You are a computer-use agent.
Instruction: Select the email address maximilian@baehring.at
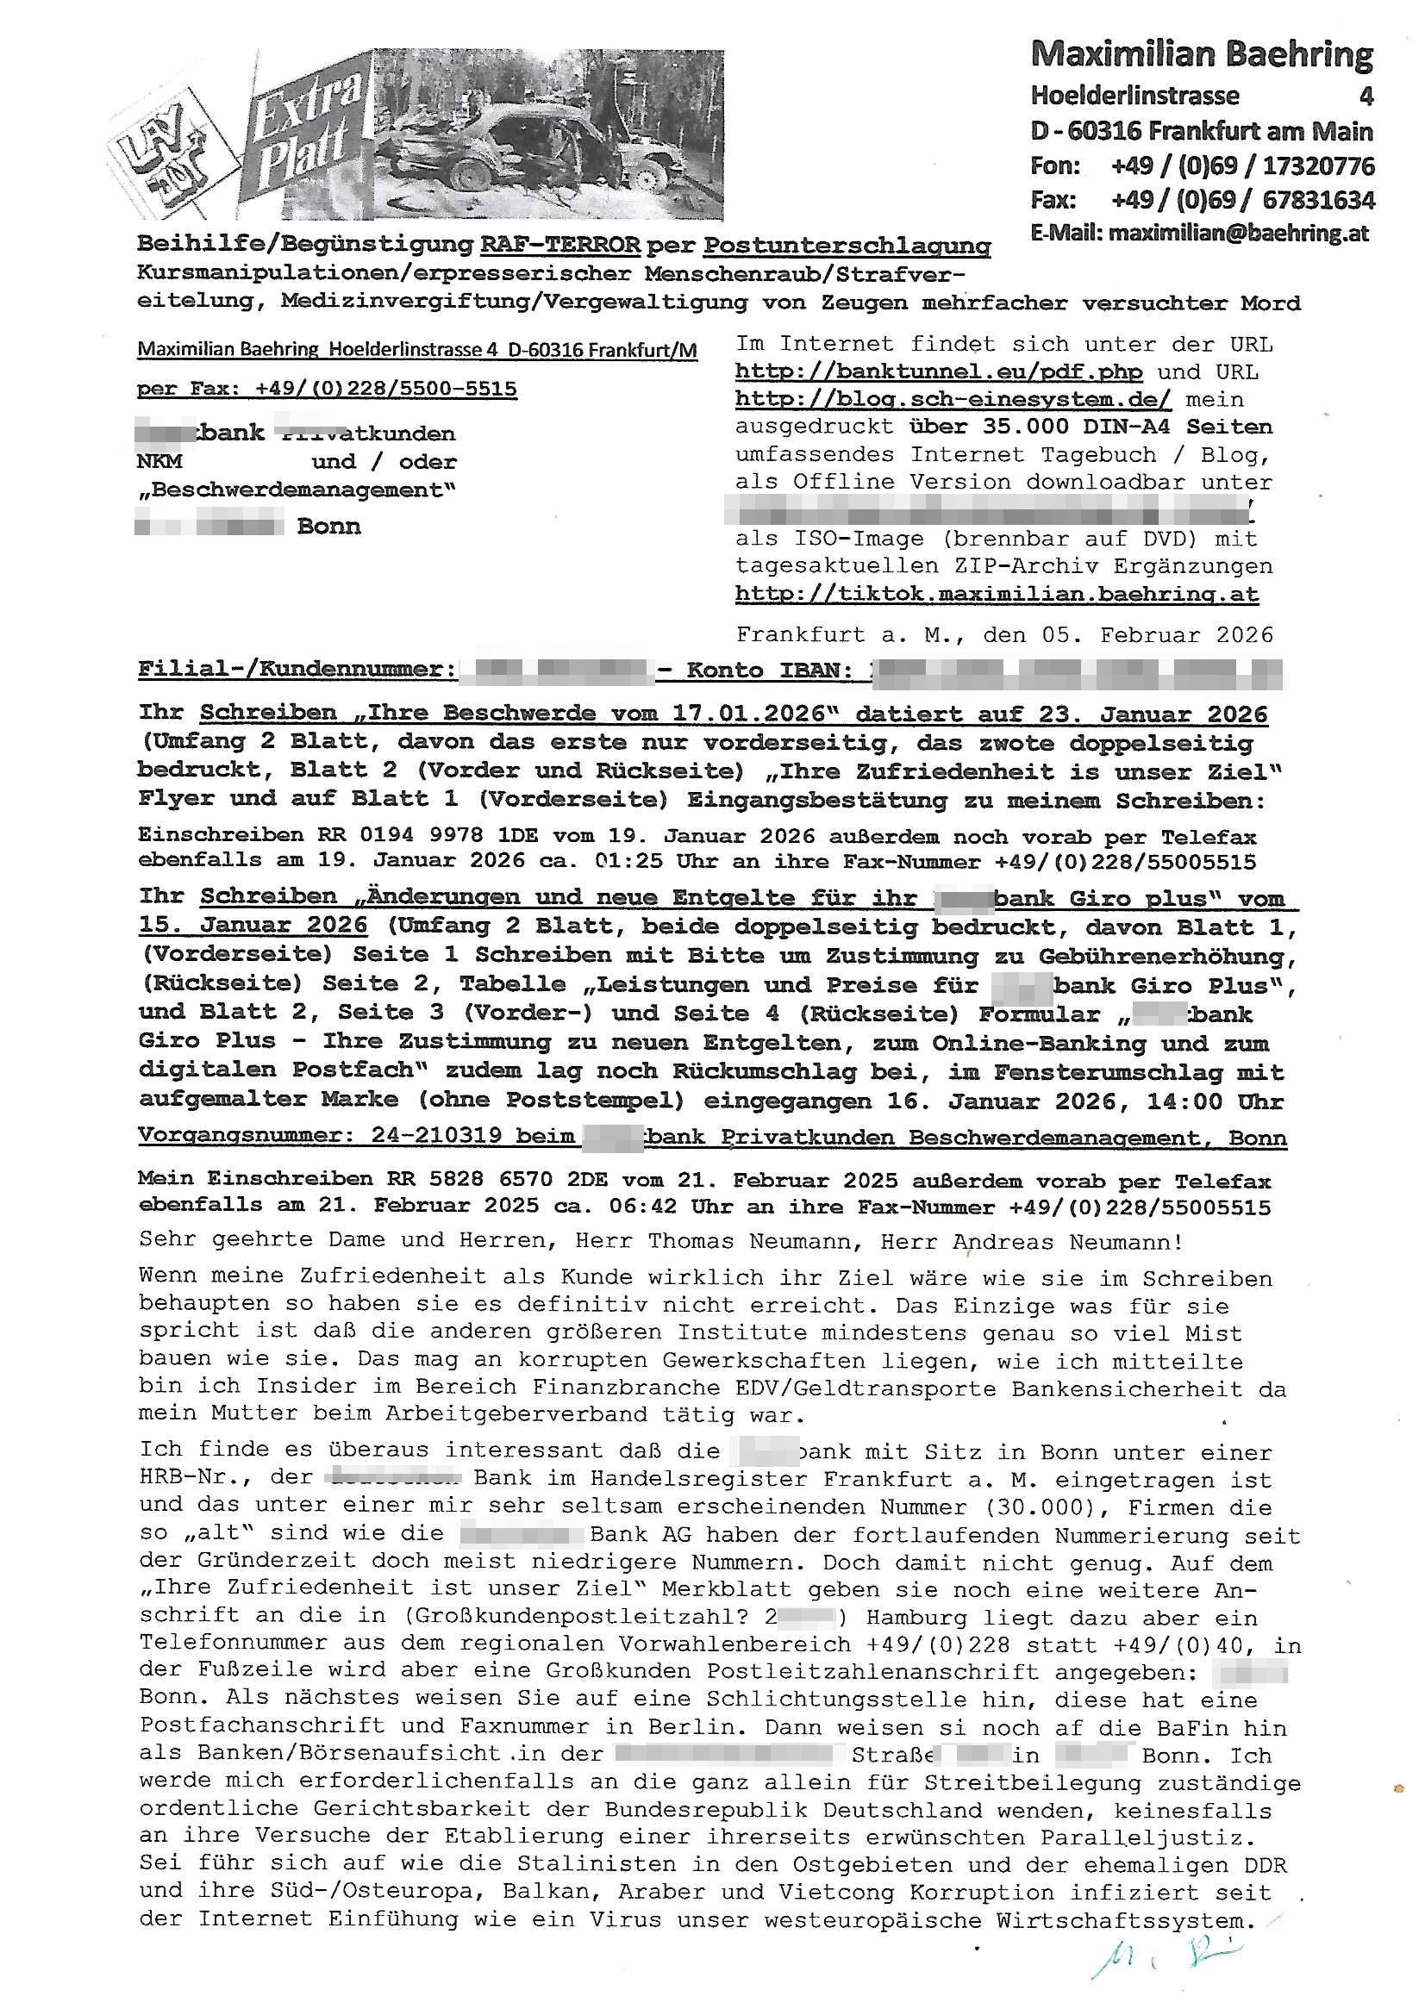[x=1238, y=234]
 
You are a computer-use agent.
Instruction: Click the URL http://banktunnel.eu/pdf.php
[x=939, y=372]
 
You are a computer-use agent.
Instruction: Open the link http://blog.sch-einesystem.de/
[x=953, y=400]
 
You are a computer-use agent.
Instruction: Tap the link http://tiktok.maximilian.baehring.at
[x=997, y=594]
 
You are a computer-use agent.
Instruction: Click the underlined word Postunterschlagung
[x=847, y=246]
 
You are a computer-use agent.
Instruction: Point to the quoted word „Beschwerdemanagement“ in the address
[x=296, y=490]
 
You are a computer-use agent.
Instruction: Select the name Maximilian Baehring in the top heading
[x=1201, y=56]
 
